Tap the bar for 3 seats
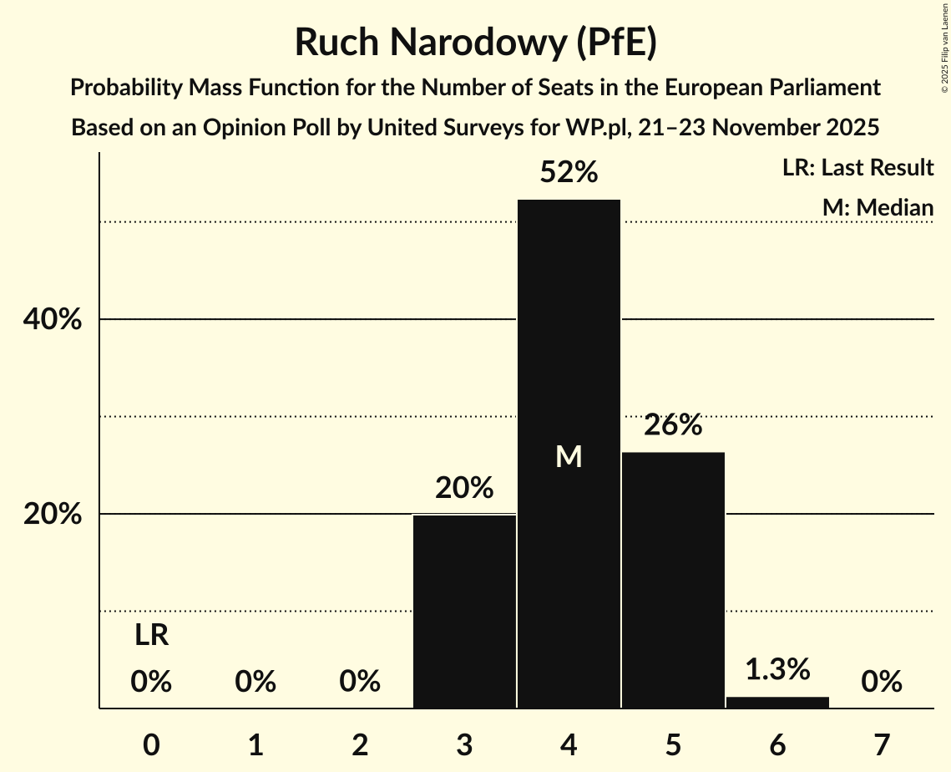[x=464, y=611]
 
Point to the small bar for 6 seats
[x=777, y=702]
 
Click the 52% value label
[x=569, y=172]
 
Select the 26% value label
[x=673, y=425]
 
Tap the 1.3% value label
[x=777, y=669]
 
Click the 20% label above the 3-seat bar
[x=464, y=488]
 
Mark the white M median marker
[x=569, y=456]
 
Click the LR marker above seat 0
[x=151, y=637]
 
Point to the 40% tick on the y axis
[x=53, y=320]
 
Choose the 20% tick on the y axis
[x=53, y=515]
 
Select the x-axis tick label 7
[x=882, y=744]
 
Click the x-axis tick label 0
[x=151, y=744]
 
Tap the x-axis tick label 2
[x=360, y=744]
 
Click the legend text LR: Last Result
[x=857, y=168]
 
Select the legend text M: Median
[x=877, y=207]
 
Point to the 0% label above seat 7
[x=882, y=683]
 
